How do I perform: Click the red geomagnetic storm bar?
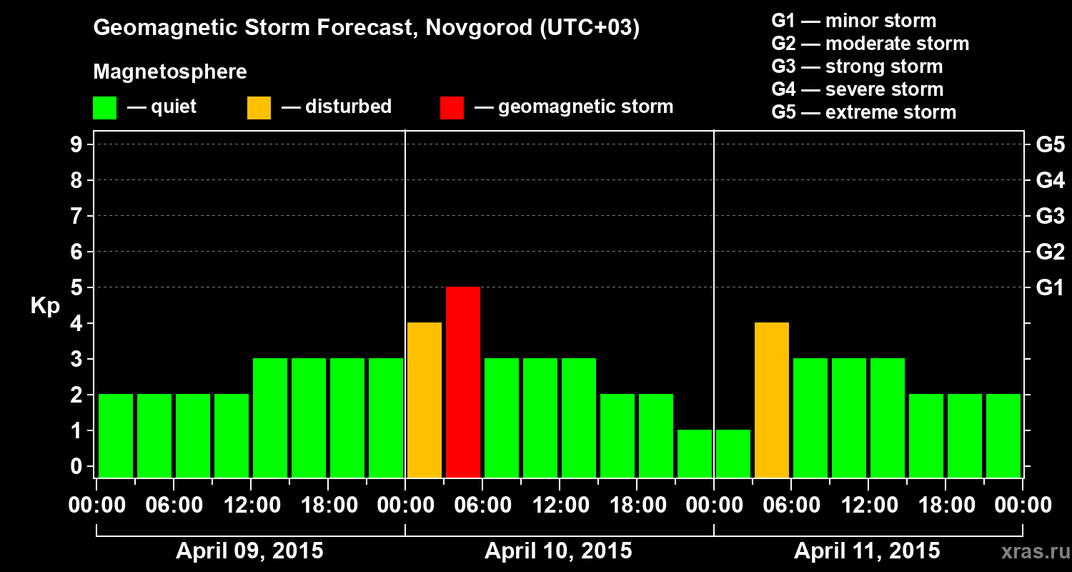(x=463, y=382)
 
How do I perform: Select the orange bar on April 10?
(x=425, y=400)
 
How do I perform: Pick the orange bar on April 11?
(x=772, y=400)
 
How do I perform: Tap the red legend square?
(x=452, y=108)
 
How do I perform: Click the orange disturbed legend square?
(x=259, y=108)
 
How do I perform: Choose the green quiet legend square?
(x=104, y=108)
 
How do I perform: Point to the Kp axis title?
(x=45, y=305)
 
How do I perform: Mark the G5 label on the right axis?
(x=1050, y=145)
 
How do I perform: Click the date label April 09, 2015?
(x=249, y=551)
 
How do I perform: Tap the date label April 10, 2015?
(x=558, y=551)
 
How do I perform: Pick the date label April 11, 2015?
(x=867, y=551)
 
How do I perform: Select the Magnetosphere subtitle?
(x=170, y=72)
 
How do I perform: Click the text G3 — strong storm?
(x=857, y=66)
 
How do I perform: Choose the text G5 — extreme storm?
(x=863, y=112)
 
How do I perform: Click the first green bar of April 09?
(x=116, y=435)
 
